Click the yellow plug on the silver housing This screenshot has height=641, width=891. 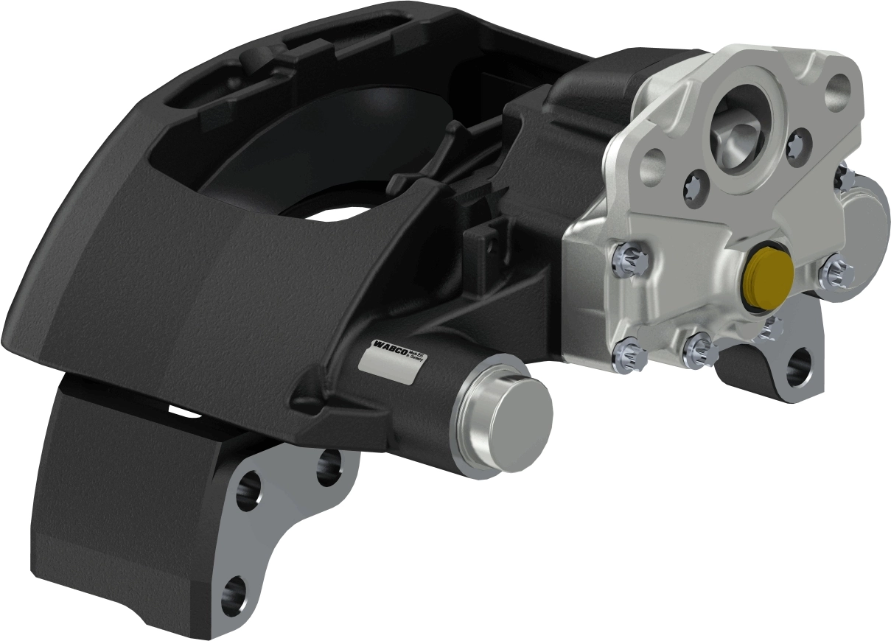pos(768,276)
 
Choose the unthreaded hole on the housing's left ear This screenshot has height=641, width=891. pos(653,164)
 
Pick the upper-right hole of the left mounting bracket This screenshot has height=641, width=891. pos(330,466)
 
